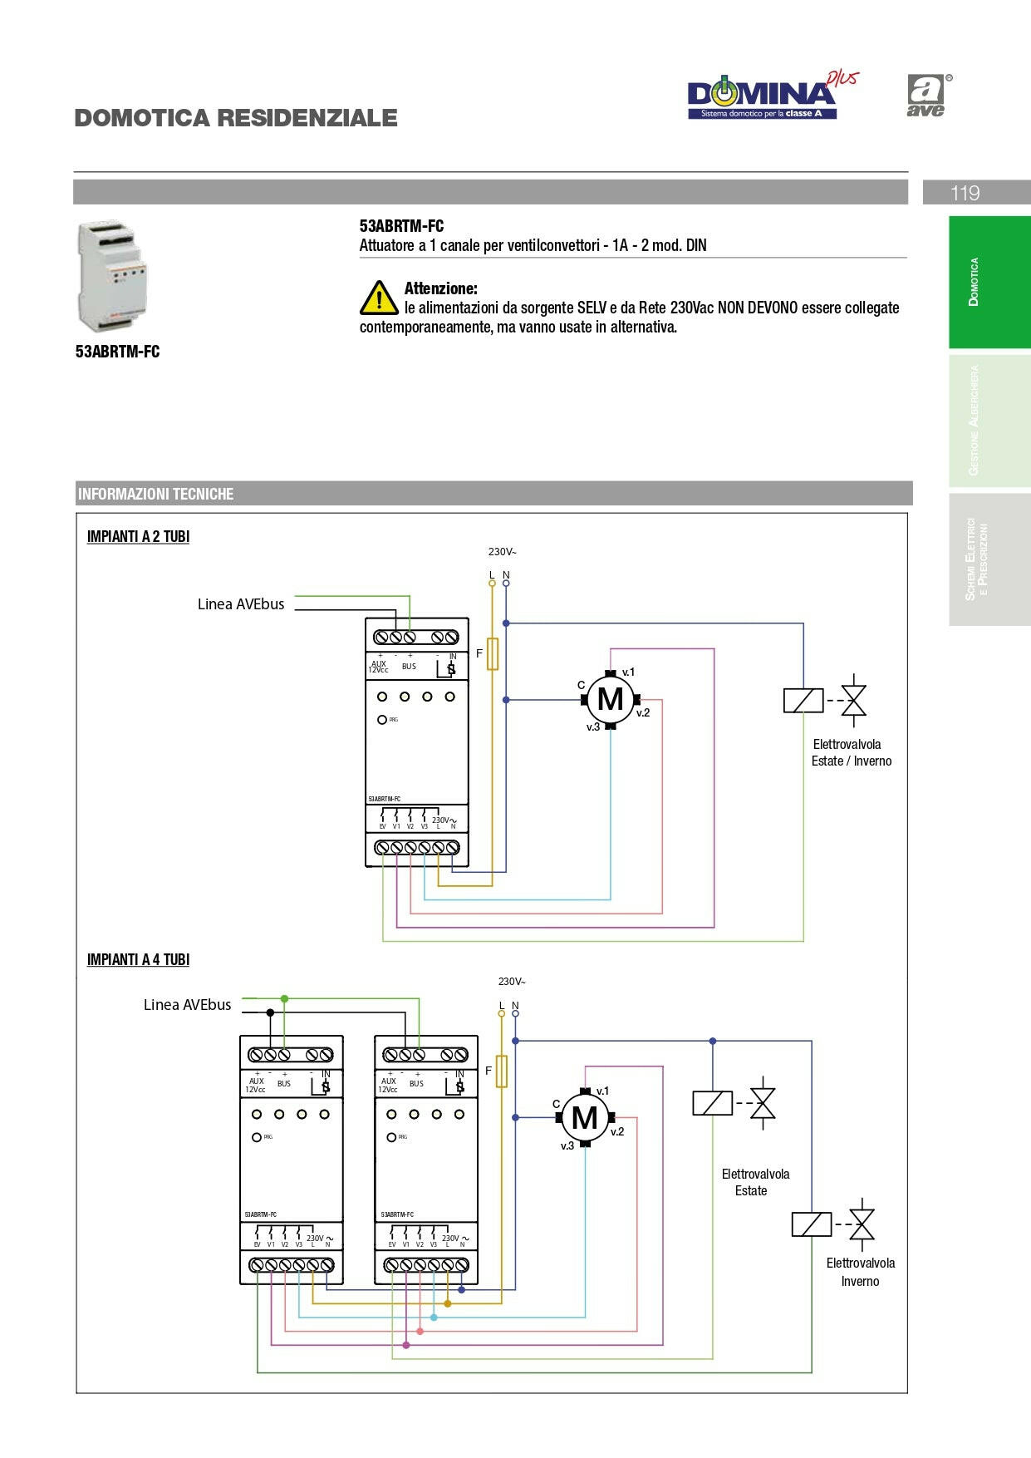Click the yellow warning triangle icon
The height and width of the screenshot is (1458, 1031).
pyautogui.click(x=379, y=298)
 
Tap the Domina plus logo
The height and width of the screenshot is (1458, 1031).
pyautogui.click(x=769, y=96)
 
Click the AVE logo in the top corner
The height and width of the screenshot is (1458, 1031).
pyautogui.click(x=927, y=95)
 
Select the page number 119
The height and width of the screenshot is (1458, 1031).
pyautogui.click(x=965, y=193)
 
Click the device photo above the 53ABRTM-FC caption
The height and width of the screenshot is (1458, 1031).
pyautogui.click(x=113, y=276)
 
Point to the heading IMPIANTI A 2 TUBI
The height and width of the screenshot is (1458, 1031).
pyautogui.click(x=138, y=537)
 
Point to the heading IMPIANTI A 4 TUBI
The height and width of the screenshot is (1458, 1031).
pyautogui.click(x=138, y=960)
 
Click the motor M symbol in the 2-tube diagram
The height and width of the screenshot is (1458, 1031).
pyautogui.click(x=610, y=700)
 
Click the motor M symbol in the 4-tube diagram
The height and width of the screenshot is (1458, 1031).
pyautogui.click(x=584, y=1118)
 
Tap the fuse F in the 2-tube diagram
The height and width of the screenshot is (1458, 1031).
pyautogui.click(x=493, y=654)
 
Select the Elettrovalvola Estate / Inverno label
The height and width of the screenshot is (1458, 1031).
pyautogui.click(x=850, y=753)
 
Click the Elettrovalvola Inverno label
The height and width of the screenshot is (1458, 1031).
pyautogui.click(x=860, y=1272)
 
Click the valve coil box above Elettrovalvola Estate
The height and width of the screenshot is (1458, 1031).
pyautogui.click(x=712, y=1103)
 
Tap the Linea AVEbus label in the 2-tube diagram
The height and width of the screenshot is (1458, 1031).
pyautogui.click(x=241, y=604)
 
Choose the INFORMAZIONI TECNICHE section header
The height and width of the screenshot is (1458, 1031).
pyautogui.click(x=156, y=494)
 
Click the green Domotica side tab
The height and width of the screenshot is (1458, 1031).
pyautogui.click(x=989, y=282)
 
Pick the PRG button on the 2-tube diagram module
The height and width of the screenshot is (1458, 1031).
pyautogui.click(x=382, y=720)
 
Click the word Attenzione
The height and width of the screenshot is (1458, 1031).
pyautogui.click(x=440, y=288)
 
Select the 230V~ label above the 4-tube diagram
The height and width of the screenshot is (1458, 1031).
pyautogui.click(x=512, y=982)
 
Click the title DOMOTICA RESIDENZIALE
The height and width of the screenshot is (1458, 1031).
pyautogui.click(x=236, y=118)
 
